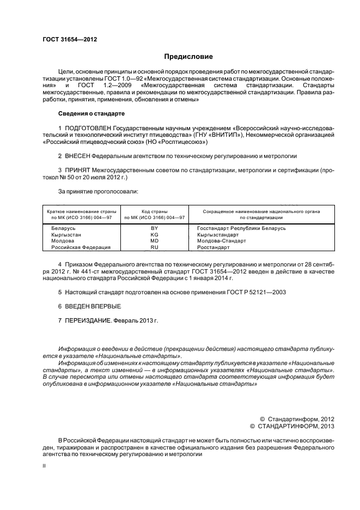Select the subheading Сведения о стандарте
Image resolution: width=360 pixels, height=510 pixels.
tap(91, 113)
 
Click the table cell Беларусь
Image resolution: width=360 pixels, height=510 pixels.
tap(63, 228)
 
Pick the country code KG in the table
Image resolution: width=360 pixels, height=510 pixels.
tap(154, 234)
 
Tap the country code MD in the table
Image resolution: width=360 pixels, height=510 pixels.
tap(154, 241)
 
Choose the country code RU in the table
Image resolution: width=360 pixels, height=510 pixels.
tap(154, 247)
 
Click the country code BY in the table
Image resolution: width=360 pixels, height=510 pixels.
tap(154, 228)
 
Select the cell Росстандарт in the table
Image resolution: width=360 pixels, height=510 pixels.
tap(214, 247)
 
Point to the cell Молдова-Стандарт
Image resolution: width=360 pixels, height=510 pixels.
tap(222, 241)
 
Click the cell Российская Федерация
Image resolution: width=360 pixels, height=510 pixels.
tap(81, 247)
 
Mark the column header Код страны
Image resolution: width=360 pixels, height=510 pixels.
tap(154, 211)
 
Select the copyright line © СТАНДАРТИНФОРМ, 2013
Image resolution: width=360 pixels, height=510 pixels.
tap(291, 426)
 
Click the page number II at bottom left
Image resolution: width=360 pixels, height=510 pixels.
tap(44, 466)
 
